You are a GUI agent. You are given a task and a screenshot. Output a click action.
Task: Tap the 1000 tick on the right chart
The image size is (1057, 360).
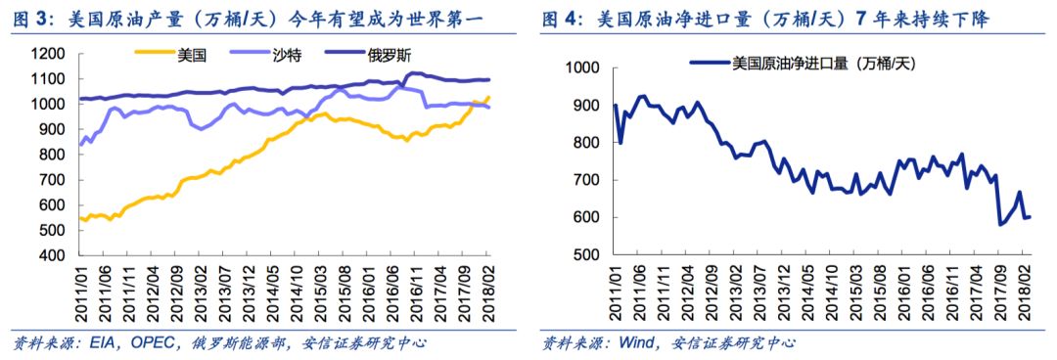[579, 68]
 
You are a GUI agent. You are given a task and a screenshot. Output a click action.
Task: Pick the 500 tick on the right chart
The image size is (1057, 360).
[583, 254]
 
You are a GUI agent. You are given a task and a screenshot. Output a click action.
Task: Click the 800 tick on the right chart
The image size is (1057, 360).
[583, 143]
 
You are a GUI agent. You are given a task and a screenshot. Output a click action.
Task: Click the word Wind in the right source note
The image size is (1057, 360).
[639, 342]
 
